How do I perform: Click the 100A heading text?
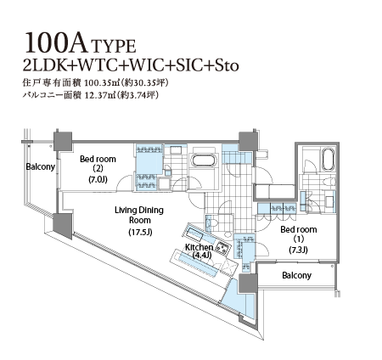click(56, 42)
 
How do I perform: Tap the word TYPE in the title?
click(114, 47)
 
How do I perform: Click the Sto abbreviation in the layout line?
click(227, 65)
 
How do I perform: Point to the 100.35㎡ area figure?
click(100, 83)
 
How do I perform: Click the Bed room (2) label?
click(98, 164)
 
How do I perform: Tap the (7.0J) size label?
click(98, 179)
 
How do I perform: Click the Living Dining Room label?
click(139, 215)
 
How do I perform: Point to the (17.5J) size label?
click(140, 232)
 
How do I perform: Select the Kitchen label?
click(199, 247)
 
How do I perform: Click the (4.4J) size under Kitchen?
click(202, 255)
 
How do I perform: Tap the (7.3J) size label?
click(299, 250)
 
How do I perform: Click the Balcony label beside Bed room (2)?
click(40, 166)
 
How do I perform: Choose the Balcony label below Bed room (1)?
click(296, 275)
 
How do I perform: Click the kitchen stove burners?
click(223, 248)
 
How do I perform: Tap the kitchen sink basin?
click(195, 233)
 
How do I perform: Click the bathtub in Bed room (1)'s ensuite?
click(328, 160)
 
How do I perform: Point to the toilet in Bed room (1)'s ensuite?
click(329, 181)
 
